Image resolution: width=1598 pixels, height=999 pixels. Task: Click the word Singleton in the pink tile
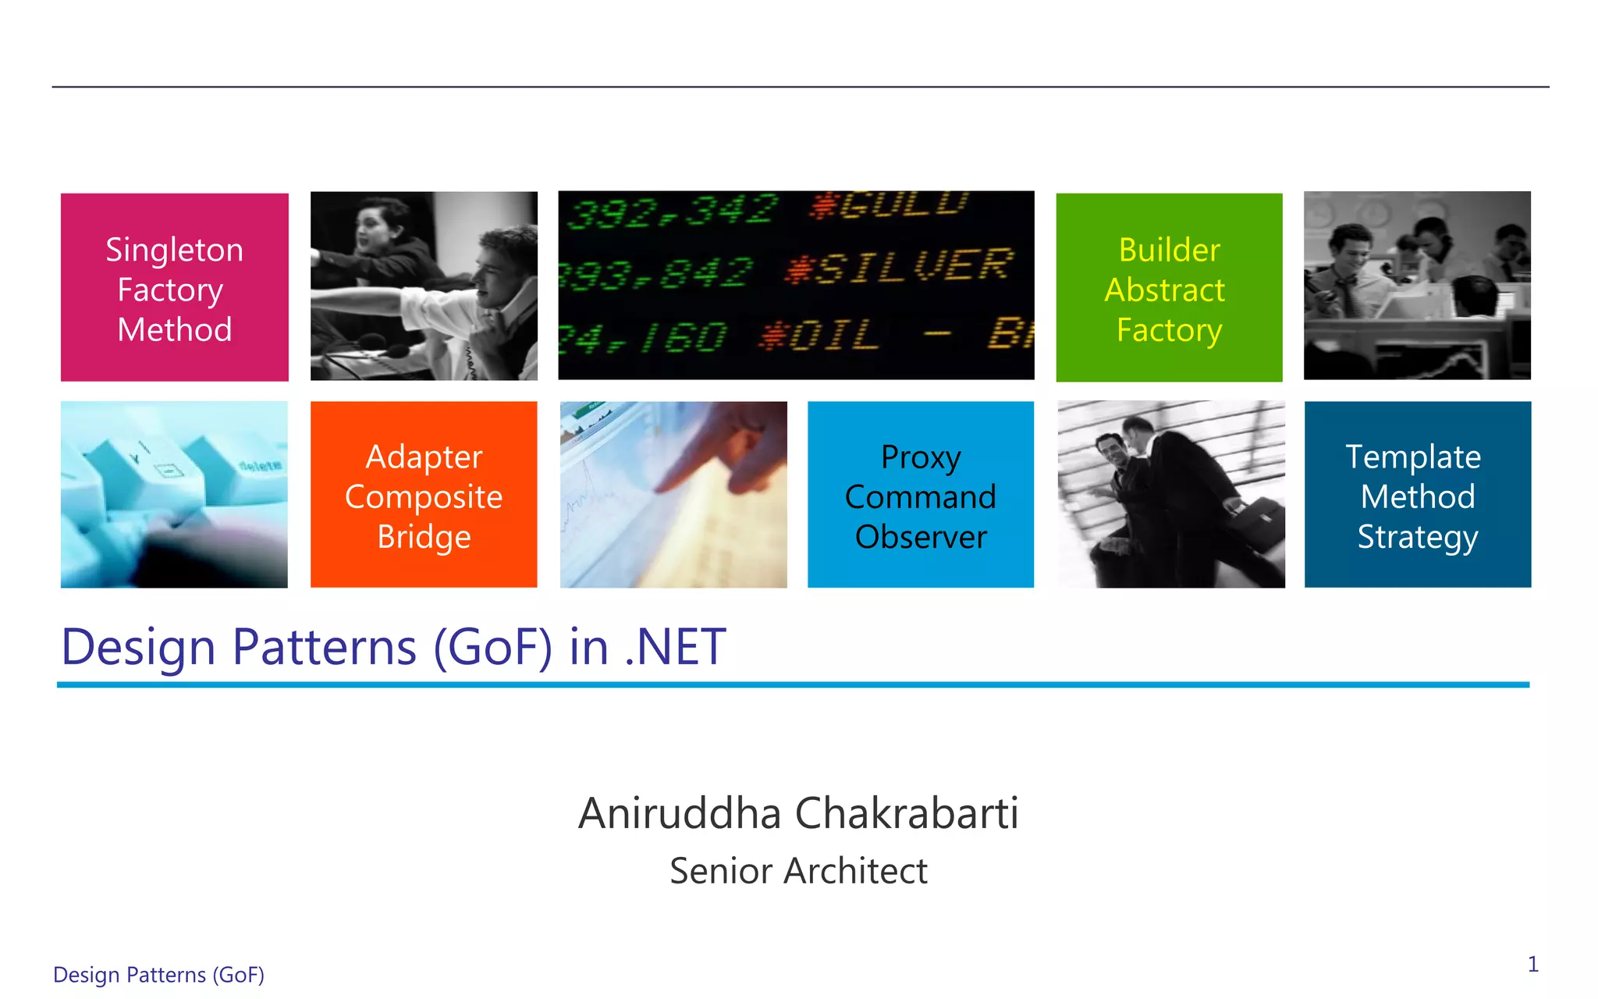click(x=174, y=251)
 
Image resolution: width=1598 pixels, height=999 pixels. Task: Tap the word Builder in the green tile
click(x=1169, y=251)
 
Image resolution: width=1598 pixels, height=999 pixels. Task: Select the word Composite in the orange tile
click(x=424, y=497)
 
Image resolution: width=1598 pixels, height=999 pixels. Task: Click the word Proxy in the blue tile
click(x=921, y=457)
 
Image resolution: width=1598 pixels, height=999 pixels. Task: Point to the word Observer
click(x=921, y=537)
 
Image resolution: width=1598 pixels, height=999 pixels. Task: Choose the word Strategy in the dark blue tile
click(x=1417, y=537)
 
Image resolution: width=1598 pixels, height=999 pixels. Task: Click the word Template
click(x=1413, y=457)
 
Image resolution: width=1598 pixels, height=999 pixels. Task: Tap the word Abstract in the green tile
click(x=1164, y=290)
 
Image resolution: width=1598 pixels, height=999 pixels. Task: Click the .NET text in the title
click(x=676, y=647)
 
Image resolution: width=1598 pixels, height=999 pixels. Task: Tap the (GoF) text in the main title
click(x=493, y=647)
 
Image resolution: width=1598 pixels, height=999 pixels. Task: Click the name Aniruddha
click(x=680, y=813)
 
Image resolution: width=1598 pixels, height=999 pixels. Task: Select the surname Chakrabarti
click(x=907, y=813)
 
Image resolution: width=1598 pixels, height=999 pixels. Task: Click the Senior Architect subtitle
click(x=798, y=871)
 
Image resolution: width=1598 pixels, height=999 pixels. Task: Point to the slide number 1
click(x=1532, y=965)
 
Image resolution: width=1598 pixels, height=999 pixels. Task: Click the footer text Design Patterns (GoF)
click(x=158, y=975)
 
